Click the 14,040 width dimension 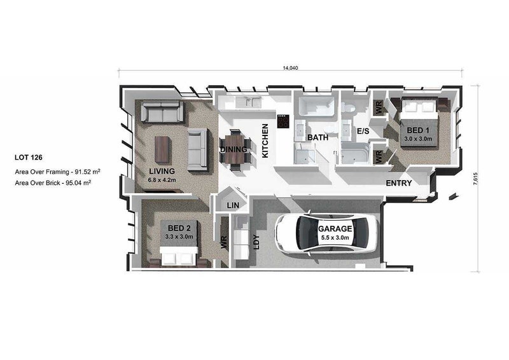pyautogui.click(x=290, y=68)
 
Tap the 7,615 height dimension pyautogui.click(x=475, y=178)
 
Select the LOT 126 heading pyautogui.click(x=29, y=158)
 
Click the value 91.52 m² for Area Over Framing pyautogui.click(x=87, y=171)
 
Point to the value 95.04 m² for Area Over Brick pyautogui.click(x=78, y=183)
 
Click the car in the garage pyautogui.click(x=326, y=232)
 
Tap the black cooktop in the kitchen pyautogui.click(x=283, y=121)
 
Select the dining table pyautogui.click(x=235, y=149)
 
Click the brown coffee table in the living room pyautogui.click(x=162, y=149)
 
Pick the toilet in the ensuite pyautogui.click(x=349, y=106)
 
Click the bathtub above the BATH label pyautogui.click(x=316, y=106)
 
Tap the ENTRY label pyautogui.click(x=399, y=183)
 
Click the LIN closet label pyautogui.click(x=233, y=205)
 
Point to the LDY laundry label pyautogui.click(x=256, y=242)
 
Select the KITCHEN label pyautogui.click(x=265, y=141)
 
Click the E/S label pyautogui.click(x=363, y=131)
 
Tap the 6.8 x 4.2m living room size pyautogui.click(x=162, y=180)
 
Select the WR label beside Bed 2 pyautogui.click(x=224, y=242)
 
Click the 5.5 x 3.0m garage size pyautogui.click(x=335, y=238)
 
